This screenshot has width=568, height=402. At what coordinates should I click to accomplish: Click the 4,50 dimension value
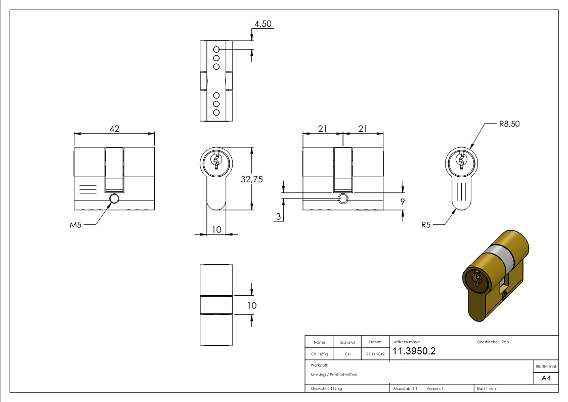263,24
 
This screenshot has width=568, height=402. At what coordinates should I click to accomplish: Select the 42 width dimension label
114,129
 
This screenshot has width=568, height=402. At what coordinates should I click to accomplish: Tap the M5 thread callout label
76,225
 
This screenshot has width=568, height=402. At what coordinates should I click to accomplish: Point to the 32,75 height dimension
252,179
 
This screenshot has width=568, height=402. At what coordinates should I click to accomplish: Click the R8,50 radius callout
509,124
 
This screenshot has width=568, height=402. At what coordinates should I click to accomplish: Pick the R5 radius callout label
426,225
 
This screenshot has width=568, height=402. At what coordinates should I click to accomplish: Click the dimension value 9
403,202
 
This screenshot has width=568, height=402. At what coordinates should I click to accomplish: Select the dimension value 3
278,216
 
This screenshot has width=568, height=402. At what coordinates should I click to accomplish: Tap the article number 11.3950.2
414,351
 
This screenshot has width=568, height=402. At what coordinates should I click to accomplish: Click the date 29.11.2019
375,354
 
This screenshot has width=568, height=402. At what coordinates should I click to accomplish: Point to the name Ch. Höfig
319,354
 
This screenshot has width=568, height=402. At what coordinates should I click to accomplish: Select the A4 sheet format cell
546,378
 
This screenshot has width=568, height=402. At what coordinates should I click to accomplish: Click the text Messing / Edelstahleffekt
334,375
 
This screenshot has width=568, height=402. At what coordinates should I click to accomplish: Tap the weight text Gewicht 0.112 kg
326,389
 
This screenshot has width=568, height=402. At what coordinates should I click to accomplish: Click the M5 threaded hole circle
114,198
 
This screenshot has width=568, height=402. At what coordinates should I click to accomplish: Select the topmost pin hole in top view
216,49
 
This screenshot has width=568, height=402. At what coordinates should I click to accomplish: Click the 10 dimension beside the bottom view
252,306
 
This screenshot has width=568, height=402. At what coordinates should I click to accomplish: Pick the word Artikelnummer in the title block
407,342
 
